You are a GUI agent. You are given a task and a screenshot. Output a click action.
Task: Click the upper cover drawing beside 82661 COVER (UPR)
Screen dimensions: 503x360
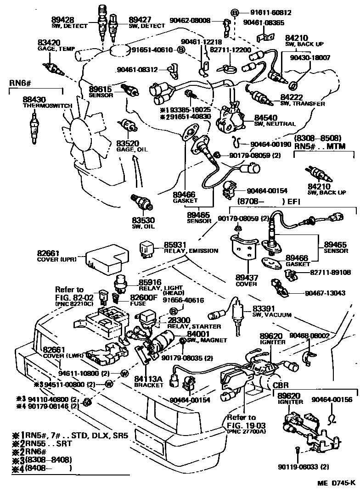pyautogui.click(x=105, y=259)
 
